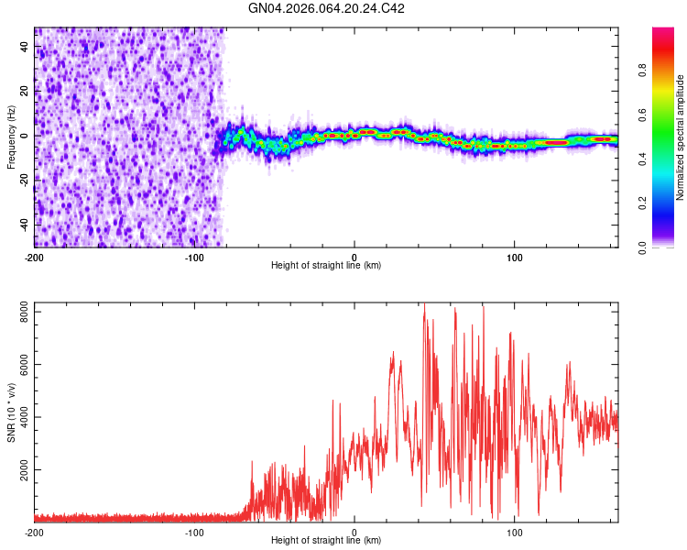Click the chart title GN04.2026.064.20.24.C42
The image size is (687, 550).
click(327, 8)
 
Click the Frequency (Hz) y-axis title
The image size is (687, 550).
click(12, 137)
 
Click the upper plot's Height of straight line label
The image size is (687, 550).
click(326, 266)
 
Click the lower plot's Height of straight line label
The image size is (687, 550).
click(326, 541)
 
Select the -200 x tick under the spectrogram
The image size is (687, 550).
click(34, 256)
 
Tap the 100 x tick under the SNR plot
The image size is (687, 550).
click(515, 532)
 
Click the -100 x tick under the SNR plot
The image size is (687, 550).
click(194, 532)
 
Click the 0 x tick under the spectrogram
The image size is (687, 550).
click(354, 256)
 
